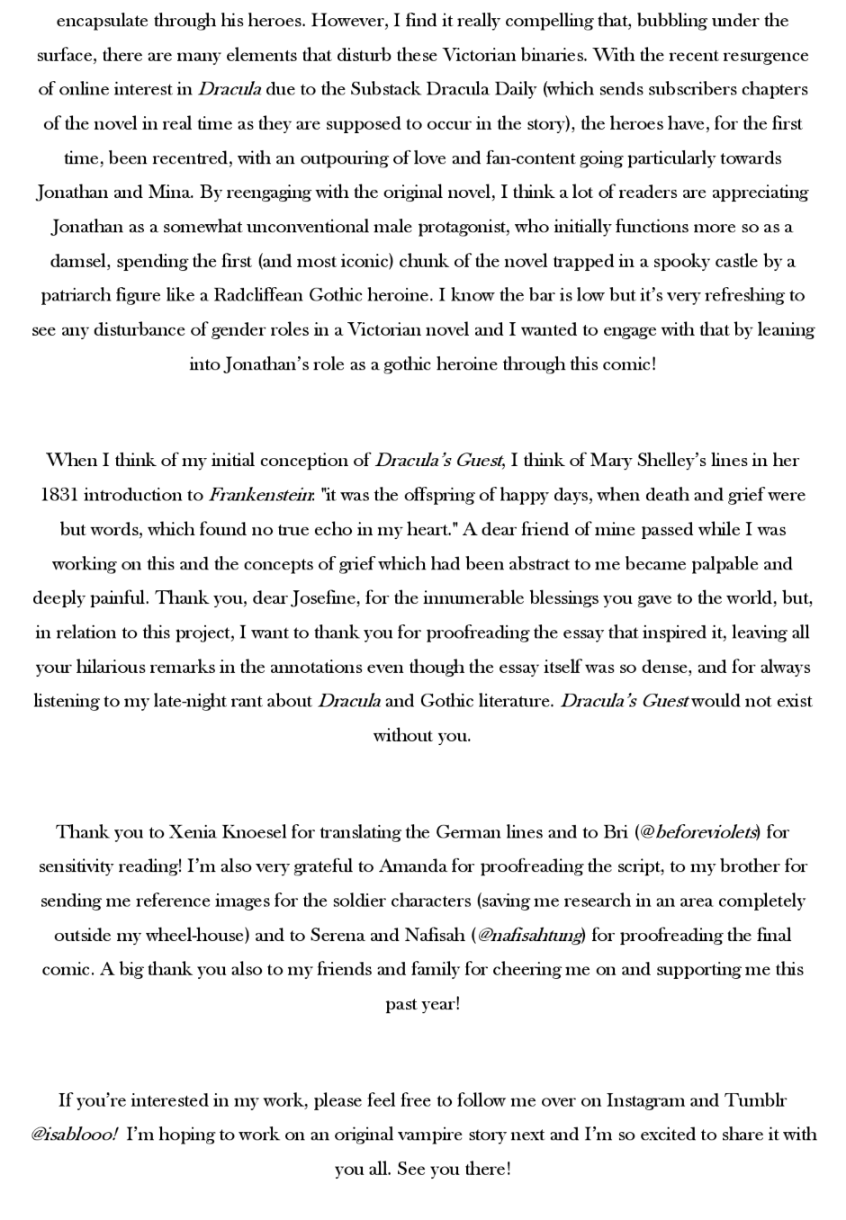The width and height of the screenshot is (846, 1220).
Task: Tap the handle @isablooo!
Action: pos(74,1135)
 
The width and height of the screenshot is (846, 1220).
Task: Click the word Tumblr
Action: pos(756,1100)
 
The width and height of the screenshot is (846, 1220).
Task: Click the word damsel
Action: pos(78,262)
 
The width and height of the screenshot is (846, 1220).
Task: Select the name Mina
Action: pos(169,193)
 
